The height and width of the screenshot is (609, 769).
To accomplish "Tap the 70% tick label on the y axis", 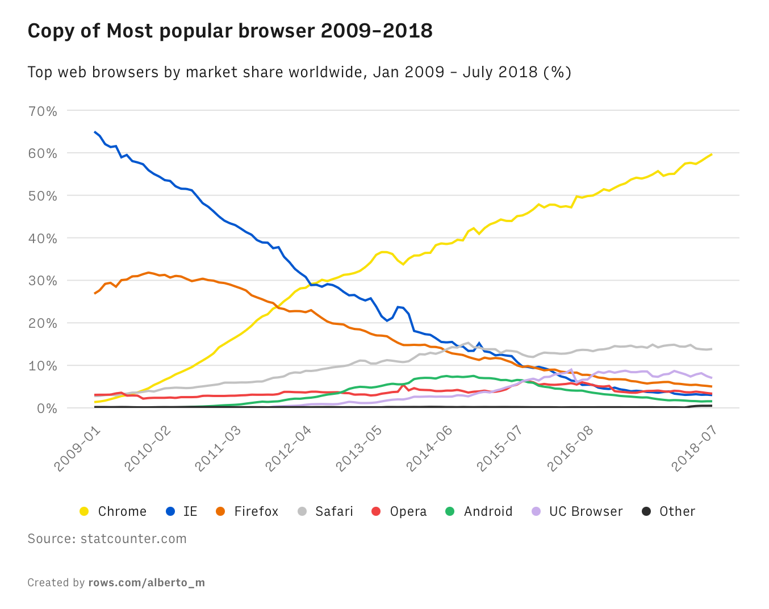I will pyautogui.click(x=43, y=111).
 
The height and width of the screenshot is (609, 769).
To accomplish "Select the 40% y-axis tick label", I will pyautogui.click(x=43, y=239).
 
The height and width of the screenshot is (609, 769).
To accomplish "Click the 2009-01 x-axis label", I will pyautogui.click(x=78, y=448).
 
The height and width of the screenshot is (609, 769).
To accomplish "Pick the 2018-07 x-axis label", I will pyautogui.click(x=695, y=448).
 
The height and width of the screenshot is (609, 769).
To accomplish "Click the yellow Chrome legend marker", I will pyautogui.click(x=84, y=511).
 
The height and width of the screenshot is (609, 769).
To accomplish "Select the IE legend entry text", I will pyautogui.click(x=190, y=511).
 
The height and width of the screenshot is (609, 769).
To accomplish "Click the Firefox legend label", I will pyautogui.click(x=256, y=511).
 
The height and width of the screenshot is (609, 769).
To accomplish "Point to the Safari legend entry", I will pyautogui.click(x=334, y=511).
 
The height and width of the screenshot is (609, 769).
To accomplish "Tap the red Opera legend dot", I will pyautogui.click(x=376, y=511).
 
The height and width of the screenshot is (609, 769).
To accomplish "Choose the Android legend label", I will pyautogui.click(x=488, y=511).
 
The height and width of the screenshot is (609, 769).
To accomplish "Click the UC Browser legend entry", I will pyautogui.click(x=586, y=511).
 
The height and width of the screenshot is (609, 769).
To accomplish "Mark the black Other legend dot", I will pyautogui.click(x=646, y=511).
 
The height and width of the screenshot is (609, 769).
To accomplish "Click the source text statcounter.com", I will pyautogui.click(x=133, y=539).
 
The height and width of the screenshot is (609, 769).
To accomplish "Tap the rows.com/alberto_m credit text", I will pyautogui.click(x=147, y=583).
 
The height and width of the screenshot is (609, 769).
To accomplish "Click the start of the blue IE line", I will pyautogui.click(x=95, y=132).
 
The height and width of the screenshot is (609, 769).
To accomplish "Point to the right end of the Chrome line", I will pyautogui.click(x=712, y=154).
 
